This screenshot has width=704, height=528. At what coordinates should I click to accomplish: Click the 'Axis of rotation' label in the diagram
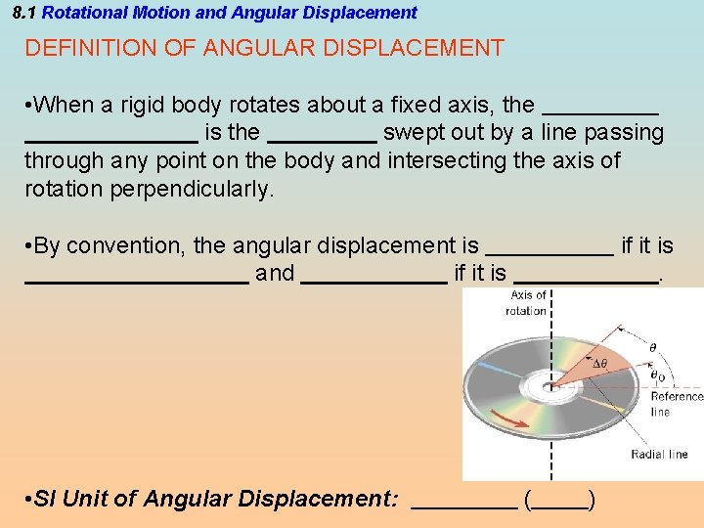(526, 303)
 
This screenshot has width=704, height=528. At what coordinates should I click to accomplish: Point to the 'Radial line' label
(659, 454)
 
